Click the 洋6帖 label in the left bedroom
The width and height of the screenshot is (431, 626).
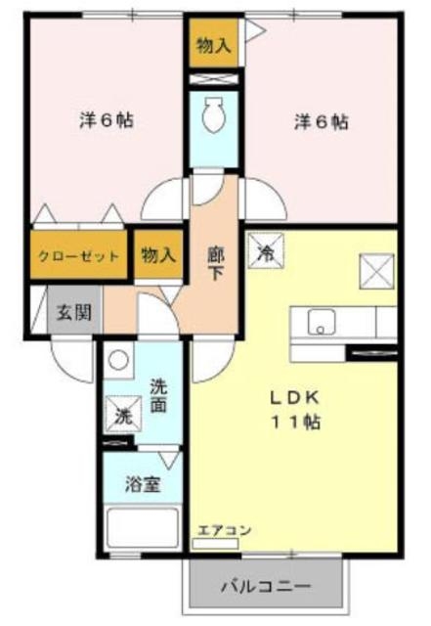pos(106,122)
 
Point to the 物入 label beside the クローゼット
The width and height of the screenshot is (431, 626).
pos(157,255)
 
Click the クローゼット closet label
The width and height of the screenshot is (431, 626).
pos(79,256)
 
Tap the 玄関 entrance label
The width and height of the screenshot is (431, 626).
pos(71,314)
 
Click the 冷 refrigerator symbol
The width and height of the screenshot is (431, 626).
pos(266,251)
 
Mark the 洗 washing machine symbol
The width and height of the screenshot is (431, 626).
pos(124,415)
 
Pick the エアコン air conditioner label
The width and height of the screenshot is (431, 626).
pos(225,530)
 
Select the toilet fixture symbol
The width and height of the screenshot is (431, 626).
pos(212,118)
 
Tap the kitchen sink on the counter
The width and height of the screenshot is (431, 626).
pos(321,321)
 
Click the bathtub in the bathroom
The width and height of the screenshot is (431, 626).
pos(143,528)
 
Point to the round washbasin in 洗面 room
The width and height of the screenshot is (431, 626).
pos(117,360)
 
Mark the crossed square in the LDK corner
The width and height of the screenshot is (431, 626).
pos(376,268)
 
